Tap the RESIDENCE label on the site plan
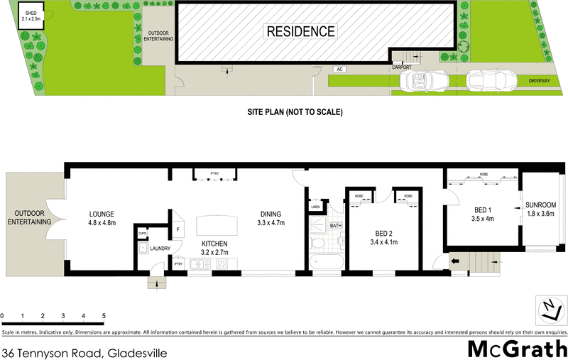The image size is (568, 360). tap(300, 31)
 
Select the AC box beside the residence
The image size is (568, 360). tap(340, 69)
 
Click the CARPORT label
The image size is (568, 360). tap(403, 67)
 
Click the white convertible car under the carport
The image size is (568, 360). tap(422, 81)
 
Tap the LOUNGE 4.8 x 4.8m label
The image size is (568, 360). tap(102, 218)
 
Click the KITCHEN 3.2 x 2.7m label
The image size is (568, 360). tap(214, 248)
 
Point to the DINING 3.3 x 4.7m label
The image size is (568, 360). tap(271, 218)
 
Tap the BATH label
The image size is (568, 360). tap(336, 227)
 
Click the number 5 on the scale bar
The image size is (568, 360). tap(104, 315)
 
